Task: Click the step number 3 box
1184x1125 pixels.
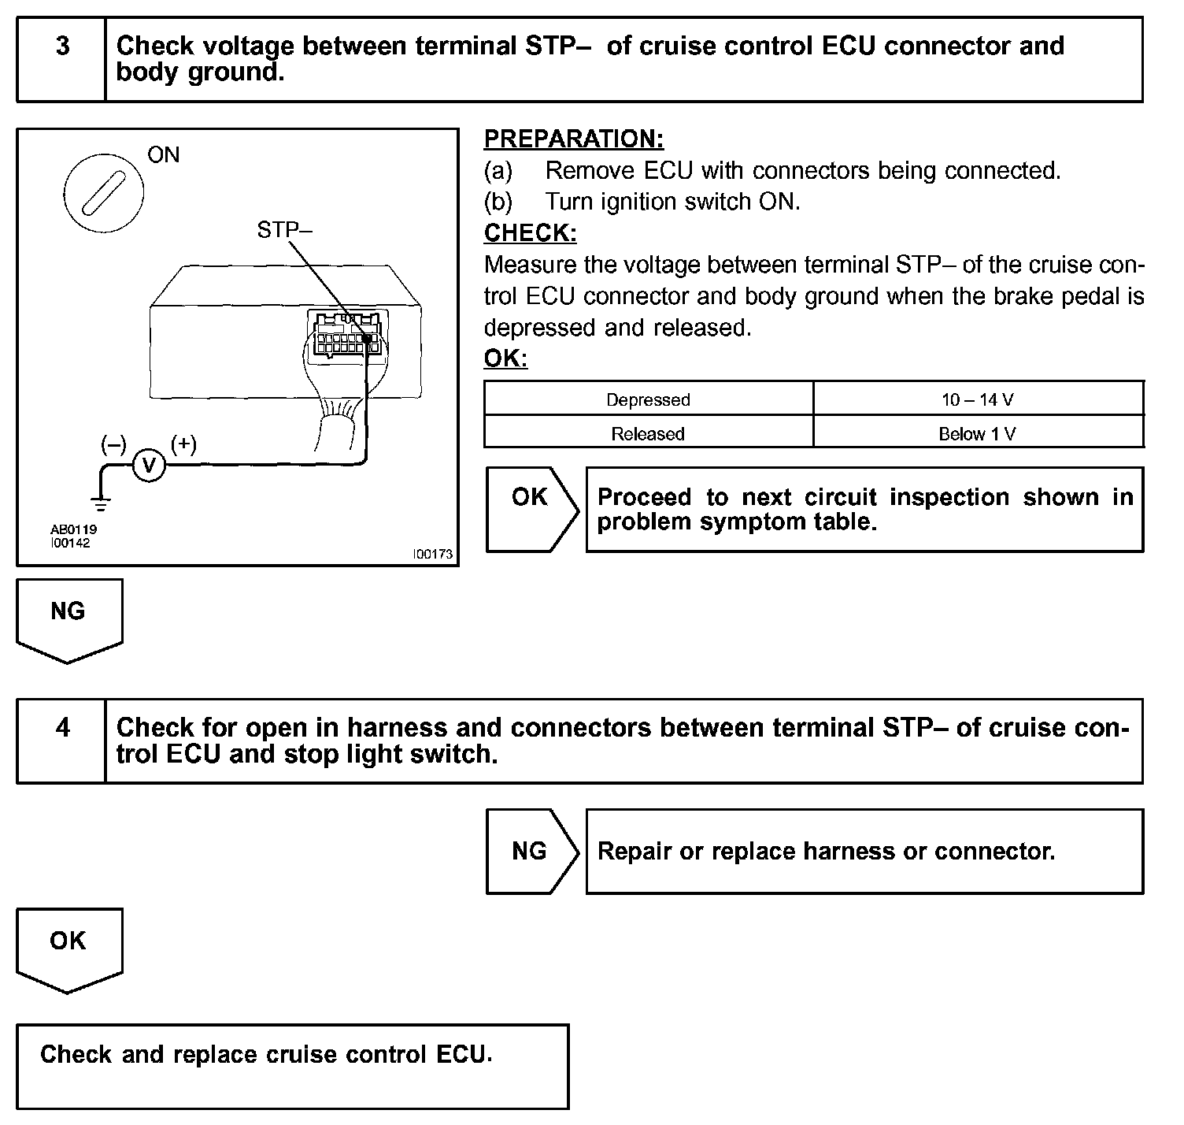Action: (x=61, y=59)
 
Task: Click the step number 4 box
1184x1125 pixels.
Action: (x=61, y=740)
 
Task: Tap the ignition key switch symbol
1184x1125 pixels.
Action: (x=102, y=192)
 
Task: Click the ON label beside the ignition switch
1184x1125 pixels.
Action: (x=163, y=155)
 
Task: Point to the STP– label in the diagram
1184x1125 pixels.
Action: (x=284, y=230)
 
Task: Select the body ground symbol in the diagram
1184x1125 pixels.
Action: (x=101, y=501)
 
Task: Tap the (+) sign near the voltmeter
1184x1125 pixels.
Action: (x=183, y=444)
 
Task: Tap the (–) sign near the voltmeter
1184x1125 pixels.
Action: (x=113, y=444)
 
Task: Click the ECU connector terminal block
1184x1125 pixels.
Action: (x=346, y=335)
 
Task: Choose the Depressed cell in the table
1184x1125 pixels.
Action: (x=648, y=399)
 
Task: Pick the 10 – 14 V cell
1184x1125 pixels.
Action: (x=977, y=399)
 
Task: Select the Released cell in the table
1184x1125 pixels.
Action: (x=648, y=433)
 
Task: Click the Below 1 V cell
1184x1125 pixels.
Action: (x=977, y=433)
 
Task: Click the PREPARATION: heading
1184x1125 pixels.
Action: (x=573, y=139)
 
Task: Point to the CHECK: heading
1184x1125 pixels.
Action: (x=530, y=233)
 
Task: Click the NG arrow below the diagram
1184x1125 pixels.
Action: (x=68, y=619)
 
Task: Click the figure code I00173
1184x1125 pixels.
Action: (x=433, y=554)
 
